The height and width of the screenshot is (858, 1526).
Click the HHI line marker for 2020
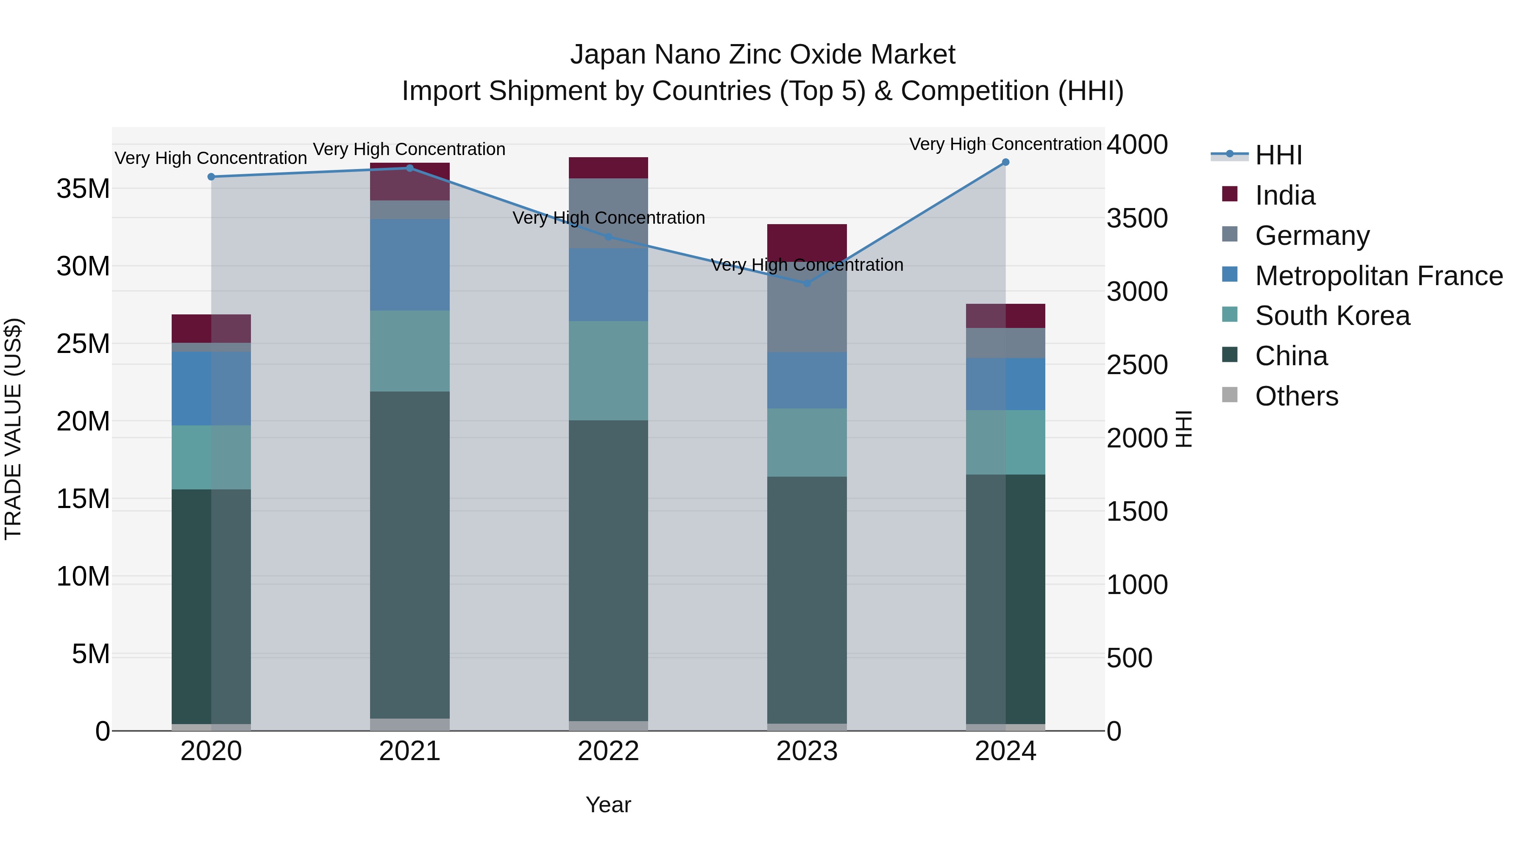[x=212, y=176]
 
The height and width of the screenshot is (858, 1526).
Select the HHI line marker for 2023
[x=807, y=283]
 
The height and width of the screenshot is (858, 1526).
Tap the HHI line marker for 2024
[x=1005, y=162]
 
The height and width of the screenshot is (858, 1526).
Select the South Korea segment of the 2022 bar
[x=608, y=371]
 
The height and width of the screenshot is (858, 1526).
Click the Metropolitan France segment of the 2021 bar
[x=410, y=265]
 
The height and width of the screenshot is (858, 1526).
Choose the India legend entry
[x=1284, y=195]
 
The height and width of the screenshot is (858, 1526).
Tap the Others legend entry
[x=1296, y=396]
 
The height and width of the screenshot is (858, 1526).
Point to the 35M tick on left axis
[x=83, y=189]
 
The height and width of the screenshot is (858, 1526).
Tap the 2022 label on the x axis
[x=608, y=751]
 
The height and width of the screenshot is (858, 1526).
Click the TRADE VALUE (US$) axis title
[x=13, y=429]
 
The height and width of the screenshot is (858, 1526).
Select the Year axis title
[x=608, y=805]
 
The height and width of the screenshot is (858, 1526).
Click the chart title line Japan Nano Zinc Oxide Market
[x=763, y=55]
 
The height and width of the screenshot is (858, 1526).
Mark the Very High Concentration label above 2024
[x=1005, y=144]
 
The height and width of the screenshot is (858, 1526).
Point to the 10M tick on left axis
[x=83, y=576]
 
